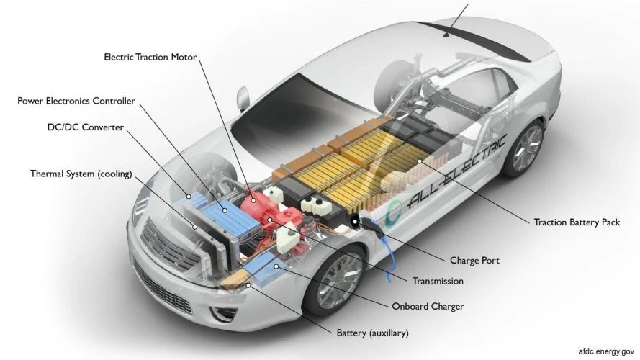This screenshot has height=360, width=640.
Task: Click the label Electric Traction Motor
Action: (x=150, y=57)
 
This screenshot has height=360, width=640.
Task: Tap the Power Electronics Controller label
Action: (x=76, y=101)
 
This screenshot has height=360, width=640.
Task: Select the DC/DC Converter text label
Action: (x=85, y=127)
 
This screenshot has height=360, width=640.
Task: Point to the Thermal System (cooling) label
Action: (x=81, y=174)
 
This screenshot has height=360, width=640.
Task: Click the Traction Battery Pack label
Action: (x=577, y=222)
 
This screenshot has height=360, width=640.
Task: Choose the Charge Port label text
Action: (x=474, y=261)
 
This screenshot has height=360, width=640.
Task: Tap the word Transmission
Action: (x=438, y=282)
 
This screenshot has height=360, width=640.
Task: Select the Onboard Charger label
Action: (x=428, y=307)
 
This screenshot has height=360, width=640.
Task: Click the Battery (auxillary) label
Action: (x=372, y=333)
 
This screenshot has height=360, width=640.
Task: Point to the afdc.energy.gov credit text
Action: (x=606, y=351)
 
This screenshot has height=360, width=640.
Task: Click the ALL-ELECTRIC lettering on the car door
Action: (x=457, y=172)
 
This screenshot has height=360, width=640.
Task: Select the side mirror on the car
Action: (x=243, y=99)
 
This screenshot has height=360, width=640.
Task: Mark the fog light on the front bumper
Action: (x=223, y=313)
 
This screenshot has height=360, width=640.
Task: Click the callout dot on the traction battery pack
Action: (x=420, y=161)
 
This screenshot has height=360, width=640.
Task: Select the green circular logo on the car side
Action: (x=392, y=212)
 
